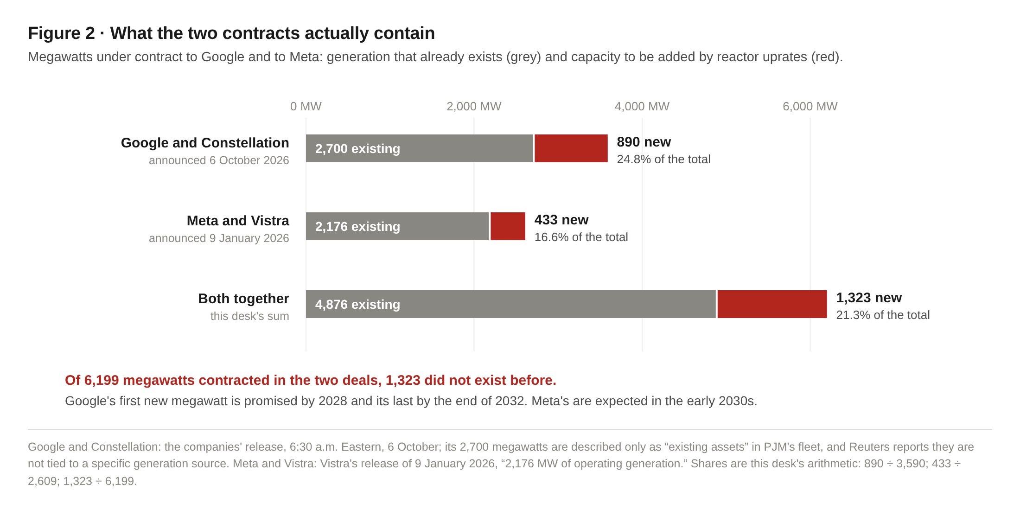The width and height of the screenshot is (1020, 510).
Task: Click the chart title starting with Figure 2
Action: [231, 33]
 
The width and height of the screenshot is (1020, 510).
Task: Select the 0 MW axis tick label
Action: [306, 107]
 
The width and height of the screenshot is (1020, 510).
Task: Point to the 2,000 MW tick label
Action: [474, 107]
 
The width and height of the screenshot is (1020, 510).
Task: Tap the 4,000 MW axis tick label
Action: [642, 107]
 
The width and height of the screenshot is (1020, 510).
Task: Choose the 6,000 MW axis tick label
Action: [810, 107]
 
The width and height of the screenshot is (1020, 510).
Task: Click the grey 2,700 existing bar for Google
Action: [420, 148]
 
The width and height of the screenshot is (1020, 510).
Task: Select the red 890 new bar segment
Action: [571, 148]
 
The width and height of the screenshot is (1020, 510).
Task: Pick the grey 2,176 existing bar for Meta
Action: [397, 226]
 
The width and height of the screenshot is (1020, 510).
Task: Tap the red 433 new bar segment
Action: [508, 226]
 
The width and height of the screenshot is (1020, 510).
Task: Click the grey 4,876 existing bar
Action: [511, 304]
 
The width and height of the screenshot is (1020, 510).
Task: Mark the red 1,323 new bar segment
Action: [772, 304]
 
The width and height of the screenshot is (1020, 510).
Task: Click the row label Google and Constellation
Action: [205, 143]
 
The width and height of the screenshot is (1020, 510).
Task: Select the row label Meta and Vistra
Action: [238, 221]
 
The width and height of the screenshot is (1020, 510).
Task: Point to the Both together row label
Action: [243, 299]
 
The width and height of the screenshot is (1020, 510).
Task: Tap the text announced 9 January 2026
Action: [219, 238]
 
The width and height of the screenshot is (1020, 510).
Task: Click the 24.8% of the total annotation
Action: [663, 159]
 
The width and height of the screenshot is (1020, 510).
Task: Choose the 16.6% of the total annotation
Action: [581, 237]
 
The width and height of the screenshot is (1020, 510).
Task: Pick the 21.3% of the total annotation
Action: [883, 315]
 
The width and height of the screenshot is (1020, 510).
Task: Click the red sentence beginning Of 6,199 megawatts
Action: [311, 380]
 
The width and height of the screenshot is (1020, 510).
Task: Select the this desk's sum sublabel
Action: [249, 316]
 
